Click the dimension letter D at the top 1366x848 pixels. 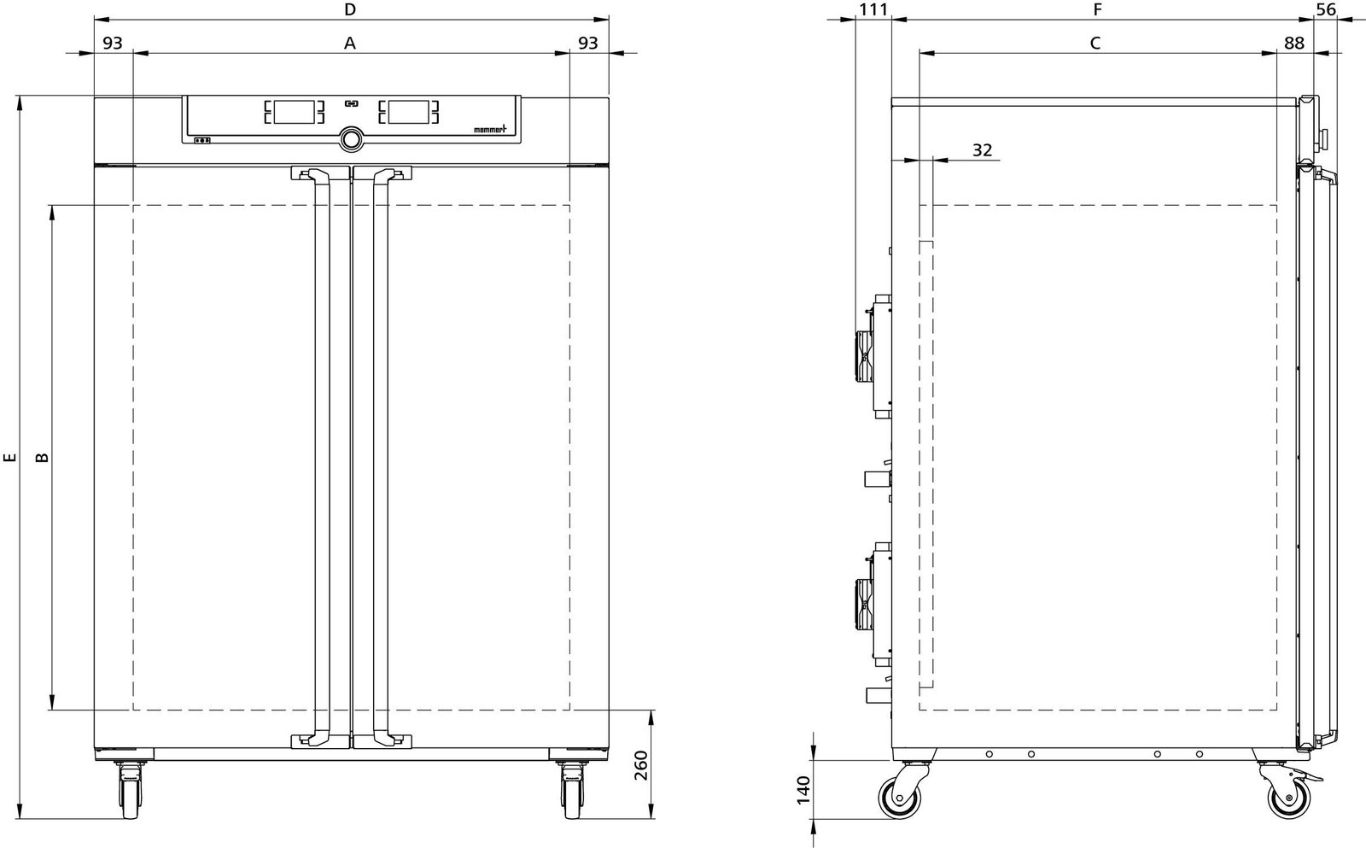pos(350,9)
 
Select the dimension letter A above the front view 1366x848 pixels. pos(350,44)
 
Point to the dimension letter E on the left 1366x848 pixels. pos(9,457)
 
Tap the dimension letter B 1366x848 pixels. pos(42,457)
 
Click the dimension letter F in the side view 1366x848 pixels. pos(1098,9)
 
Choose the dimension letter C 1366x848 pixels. pos(1095,44)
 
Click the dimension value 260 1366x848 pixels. pos(641,765)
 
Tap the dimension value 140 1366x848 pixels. pos(804,789)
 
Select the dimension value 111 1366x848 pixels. pos(873,9)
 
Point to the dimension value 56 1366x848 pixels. pos(1327,9)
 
